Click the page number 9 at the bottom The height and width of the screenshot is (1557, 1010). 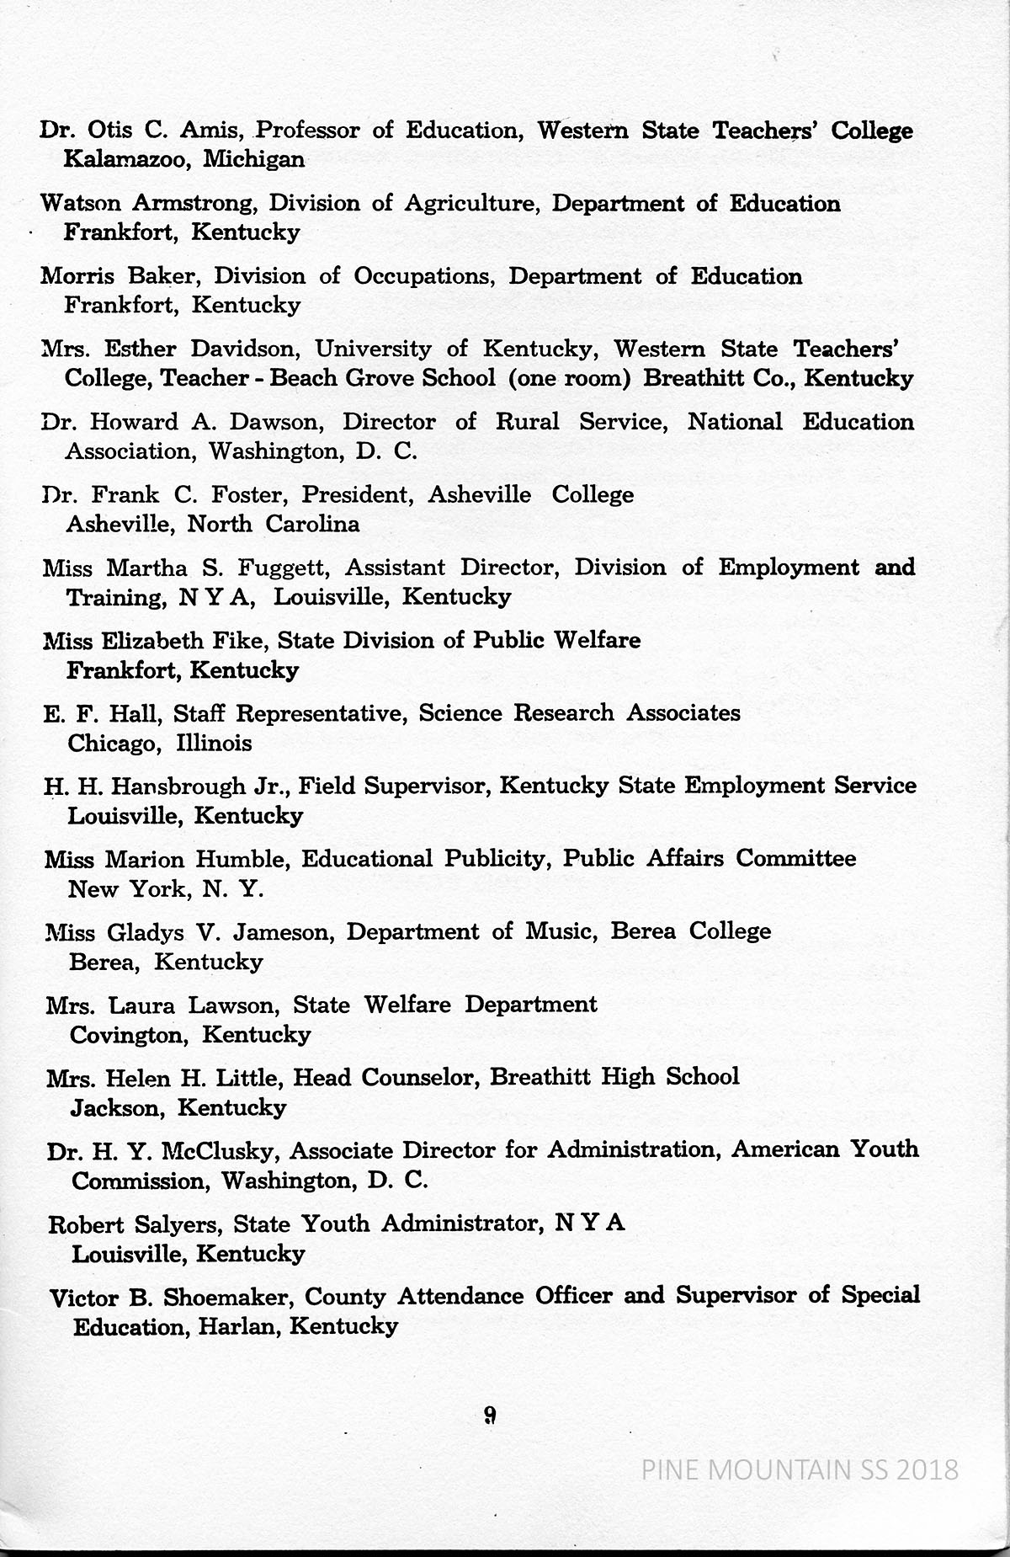(x=490, y=1416)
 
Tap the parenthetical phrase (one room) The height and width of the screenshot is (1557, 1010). (x=570, y=378)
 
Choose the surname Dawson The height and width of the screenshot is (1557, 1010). (x=275, y=422)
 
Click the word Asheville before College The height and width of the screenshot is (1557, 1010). (x=479, y=494)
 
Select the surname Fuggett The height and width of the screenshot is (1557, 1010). (x=283, y=568)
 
